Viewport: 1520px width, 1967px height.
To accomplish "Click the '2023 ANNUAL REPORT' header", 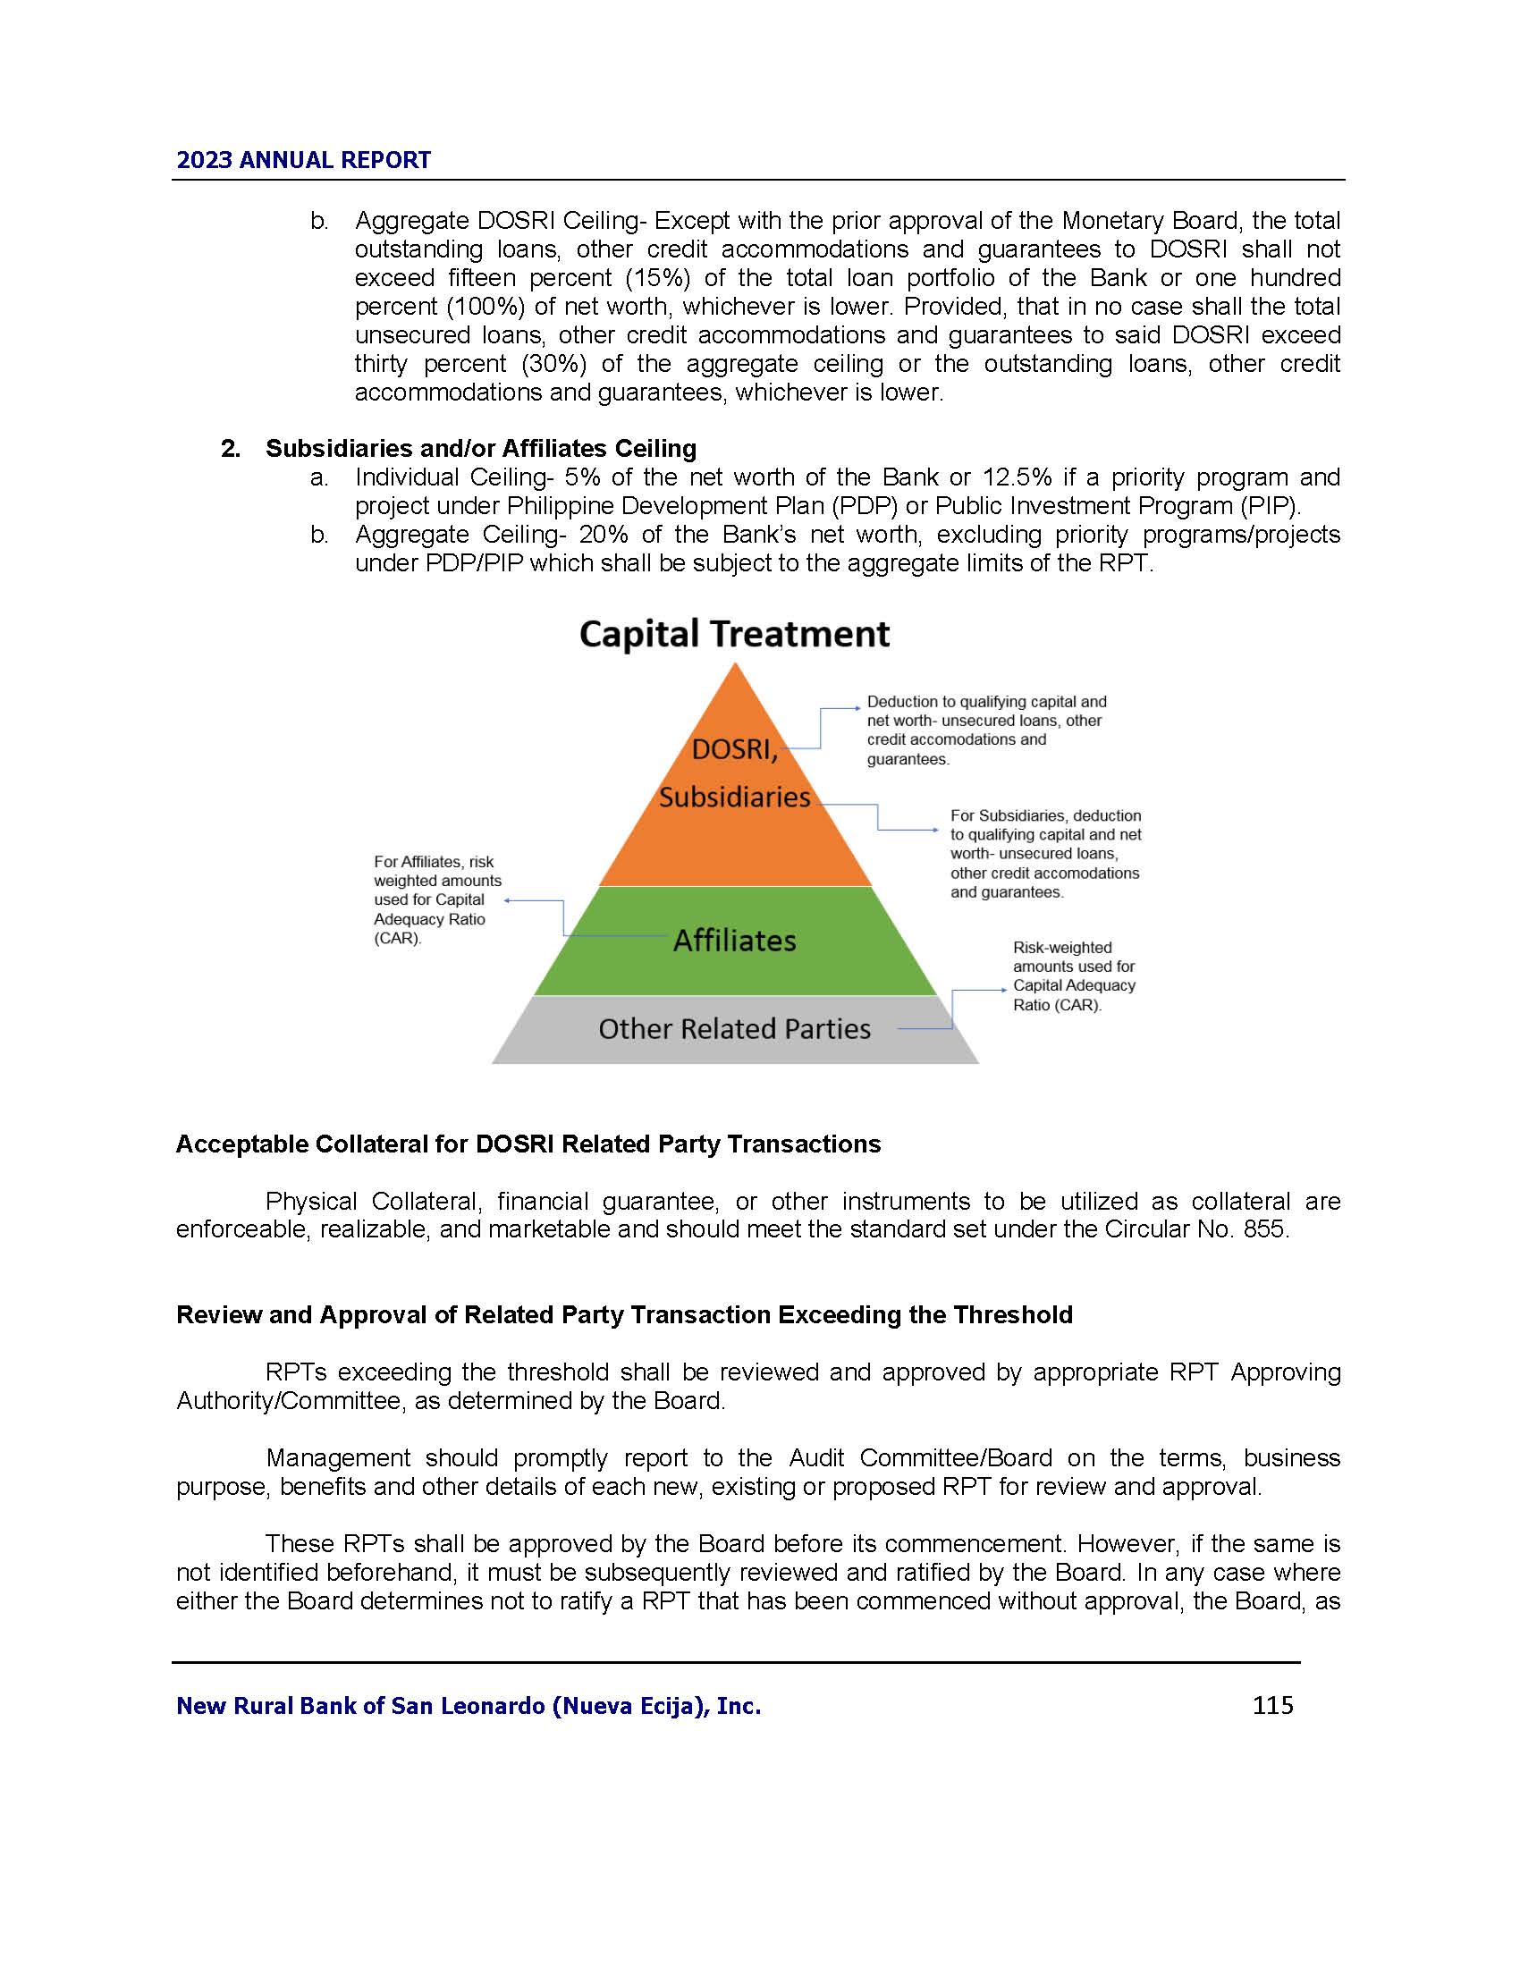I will pyautogui.click(x=303, y=160).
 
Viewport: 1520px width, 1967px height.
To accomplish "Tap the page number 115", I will pyautogui.click(x=1272, y=1705).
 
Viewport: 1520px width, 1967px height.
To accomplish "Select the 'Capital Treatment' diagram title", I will pyautogui.click(x=734, y=634).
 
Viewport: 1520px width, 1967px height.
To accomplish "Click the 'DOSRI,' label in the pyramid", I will pyautogui.click(x=734, y=749).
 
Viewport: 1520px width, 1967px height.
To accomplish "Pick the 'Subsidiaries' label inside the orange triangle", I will pyautogui.click(x=734, y=797).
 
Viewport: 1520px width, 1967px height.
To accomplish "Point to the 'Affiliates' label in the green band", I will pyautogui.click(x=735, y=941).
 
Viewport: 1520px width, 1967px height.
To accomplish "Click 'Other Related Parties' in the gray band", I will pyautogui.click(x=734, y=1028).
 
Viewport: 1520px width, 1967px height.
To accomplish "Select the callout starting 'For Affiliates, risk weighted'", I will pyautogui.click(x=437, y=899).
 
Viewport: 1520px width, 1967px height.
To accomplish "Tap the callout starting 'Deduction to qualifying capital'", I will pyautogui.click(x=986, y=730).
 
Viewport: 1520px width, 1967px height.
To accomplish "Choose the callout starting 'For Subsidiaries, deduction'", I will pyautogui.click(x=1044, y=853).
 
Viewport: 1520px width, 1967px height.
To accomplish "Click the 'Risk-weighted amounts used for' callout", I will pyautogui.click(x=1073, y=975).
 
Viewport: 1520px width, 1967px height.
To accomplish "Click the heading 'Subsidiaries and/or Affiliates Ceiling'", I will pyautogui.click(x=481, y=449).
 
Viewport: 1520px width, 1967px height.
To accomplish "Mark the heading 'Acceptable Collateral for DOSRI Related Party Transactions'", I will pyautogui.click(x=528, y=1144).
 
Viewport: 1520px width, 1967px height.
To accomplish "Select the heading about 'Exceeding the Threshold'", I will pyautogui.click(x=624, y=1315).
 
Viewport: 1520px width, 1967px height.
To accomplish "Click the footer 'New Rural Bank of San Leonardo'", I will pyautogui.click(x=469, y=1706).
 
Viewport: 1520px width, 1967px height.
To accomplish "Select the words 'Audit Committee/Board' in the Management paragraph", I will pyautogui.click(x=920, y=1458).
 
